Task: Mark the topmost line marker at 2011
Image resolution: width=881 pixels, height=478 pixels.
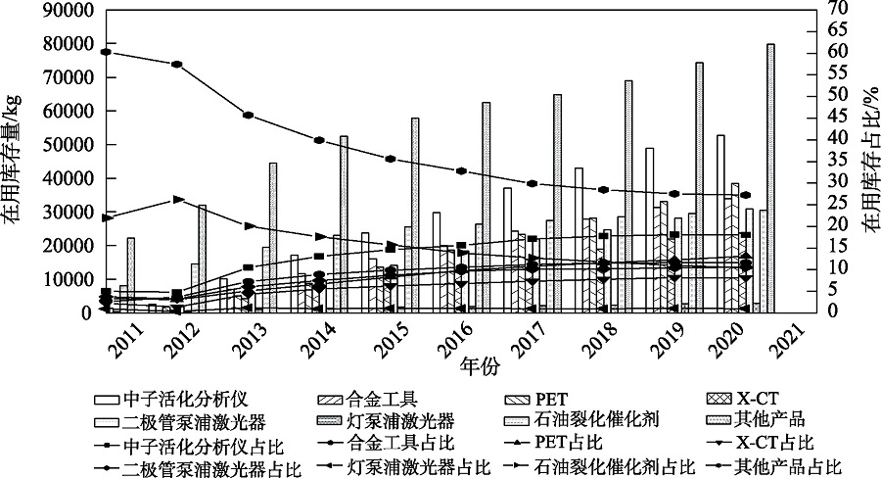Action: pyautogui.click(x=105, y=51)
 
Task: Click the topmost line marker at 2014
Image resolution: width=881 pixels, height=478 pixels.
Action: pyautogui.click(x=318, y=140)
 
